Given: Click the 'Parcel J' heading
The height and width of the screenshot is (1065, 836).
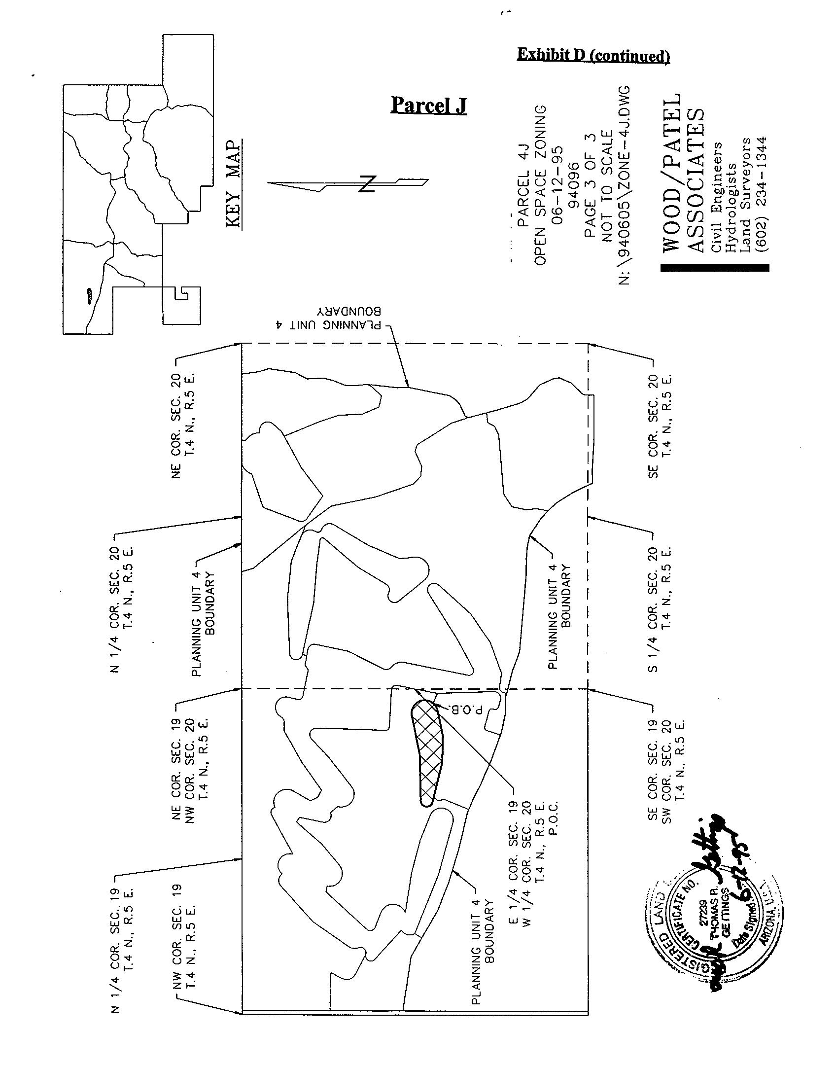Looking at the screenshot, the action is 428,105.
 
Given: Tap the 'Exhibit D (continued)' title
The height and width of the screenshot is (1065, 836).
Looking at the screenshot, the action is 593,55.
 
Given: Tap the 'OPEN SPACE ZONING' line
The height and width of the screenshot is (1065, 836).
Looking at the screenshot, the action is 540,185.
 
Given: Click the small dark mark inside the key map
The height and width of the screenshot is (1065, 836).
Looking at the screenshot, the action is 89,295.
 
